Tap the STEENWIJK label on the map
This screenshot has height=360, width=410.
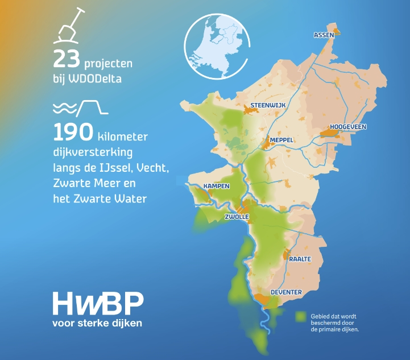(267, 105)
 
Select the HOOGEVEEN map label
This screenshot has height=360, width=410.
(347, 127)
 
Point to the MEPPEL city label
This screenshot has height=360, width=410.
(281, 139)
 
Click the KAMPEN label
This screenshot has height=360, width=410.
(217, 186)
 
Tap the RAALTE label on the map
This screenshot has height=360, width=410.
(300, 259)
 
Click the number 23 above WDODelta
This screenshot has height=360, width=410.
(66, 59)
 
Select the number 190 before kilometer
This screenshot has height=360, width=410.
(73, 133)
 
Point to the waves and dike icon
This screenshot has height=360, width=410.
(80, 107)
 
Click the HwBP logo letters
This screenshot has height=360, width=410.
(98, 304)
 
